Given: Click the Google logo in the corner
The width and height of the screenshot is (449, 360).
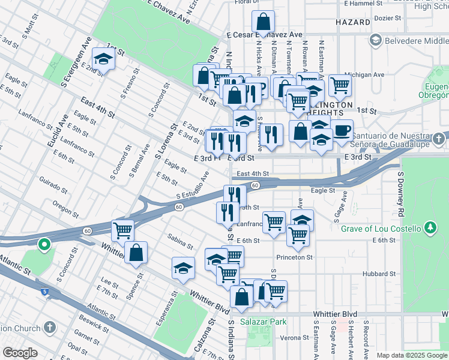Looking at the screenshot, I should (x=20, y=353).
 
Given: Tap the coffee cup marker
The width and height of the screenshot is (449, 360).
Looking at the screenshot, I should (x=342, y=130).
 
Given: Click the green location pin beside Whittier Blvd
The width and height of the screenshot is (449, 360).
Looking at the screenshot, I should (x=43, y=245).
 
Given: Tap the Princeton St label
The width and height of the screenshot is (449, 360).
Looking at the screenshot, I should (x=295, y=257).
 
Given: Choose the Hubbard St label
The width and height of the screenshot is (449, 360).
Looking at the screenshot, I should (x=378, y=274).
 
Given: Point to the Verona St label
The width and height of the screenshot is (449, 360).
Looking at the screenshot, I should (x=293, y=338).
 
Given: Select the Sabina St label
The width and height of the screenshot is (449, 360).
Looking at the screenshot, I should (x=180, y=241).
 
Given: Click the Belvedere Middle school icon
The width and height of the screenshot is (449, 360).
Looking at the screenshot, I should (x=376, y=40).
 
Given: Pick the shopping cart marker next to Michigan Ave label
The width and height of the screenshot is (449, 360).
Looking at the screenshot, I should (x=340, y=86).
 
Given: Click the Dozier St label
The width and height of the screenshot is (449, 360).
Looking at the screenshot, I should (x=386, y=18).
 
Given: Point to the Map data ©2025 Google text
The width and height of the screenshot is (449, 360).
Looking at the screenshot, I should (x=411, y=355).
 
